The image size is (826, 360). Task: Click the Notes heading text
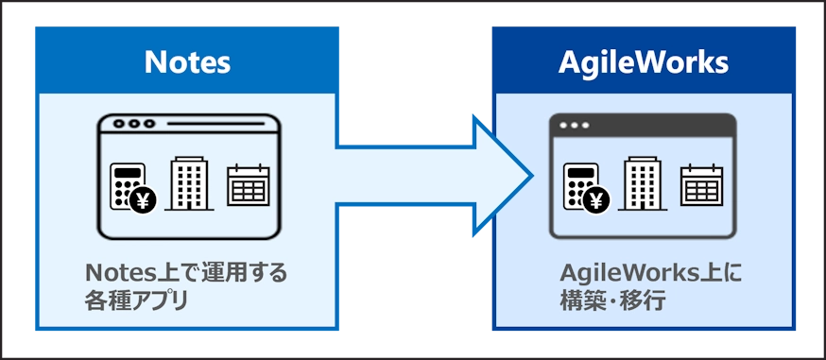point(187,62)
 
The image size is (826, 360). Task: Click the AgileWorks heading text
point(643,62)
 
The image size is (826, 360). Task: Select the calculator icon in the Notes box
point(128,185)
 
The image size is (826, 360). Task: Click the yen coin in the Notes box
point(144,199)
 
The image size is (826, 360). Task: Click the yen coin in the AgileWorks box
point(596,199)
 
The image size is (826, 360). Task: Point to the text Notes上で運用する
point(186,274)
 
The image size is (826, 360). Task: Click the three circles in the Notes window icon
point(133,124)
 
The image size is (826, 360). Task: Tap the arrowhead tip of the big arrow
point(529,174)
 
